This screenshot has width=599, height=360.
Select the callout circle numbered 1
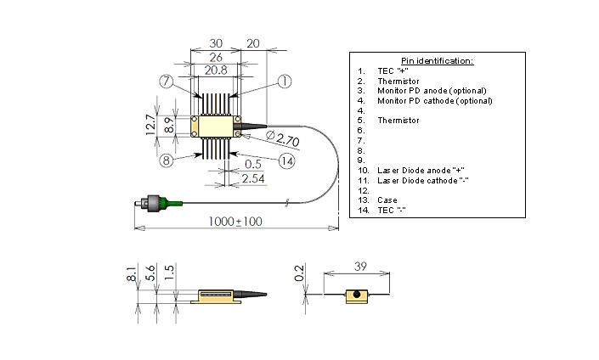285,82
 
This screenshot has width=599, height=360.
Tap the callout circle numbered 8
167,159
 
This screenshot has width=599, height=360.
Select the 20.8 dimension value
215,70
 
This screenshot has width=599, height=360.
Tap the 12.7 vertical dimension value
150,125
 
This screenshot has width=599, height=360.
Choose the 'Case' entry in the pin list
387,200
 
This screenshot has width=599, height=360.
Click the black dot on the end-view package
358,295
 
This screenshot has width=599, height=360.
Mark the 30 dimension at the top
215,42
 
